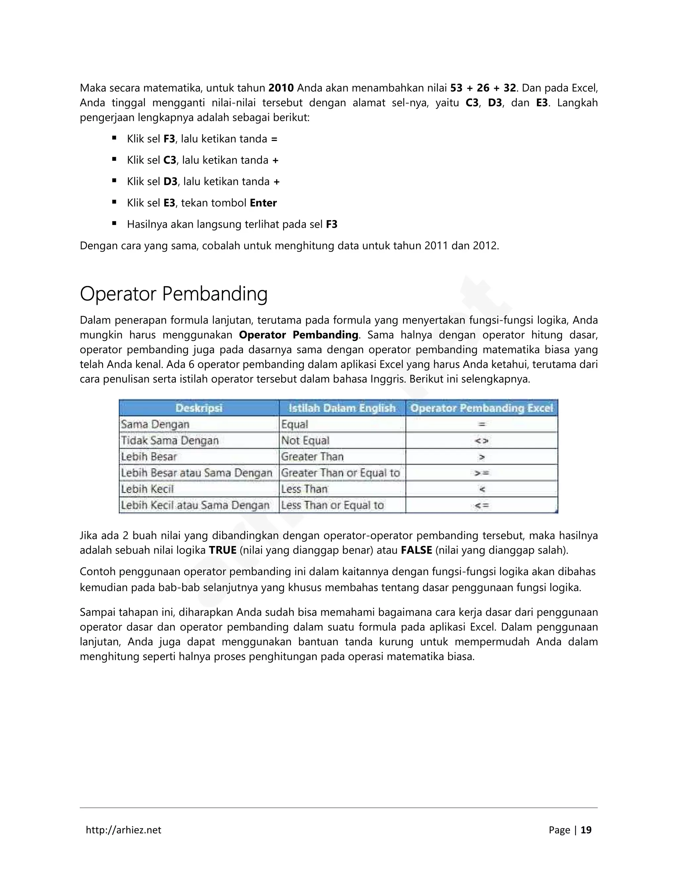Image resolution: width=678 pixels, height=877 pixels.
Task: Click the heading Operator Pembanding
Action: click(x=173, y=294)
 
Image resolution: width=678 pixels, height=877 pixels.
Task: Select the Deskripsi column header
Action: click(x=199, y=408)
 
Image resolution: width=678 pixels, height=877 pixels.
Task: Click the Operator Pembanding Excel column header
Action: click(x=482, y=408)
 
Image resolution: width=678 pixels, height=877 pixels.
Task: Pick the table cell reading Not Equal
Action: click(x=305, y=440)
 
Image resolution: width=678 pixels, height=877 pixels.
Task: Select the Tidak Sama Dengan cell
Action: click(x=170, y=440)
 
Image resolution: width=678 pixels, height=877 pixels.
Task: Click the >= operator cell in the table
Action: click(x=482, y=473)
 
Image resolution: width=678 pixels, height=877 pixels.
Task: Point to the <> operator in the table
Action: click(x=482, y=441)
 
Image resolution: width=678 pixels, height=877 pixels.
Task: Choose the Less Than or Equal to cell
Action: click(x=333, y=505)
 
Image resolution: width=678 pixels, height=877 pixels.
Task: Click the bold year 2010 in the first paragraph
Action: click(x=281, y=88)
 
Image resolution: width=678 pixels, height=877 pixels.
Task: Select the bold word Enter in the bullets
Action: click(x=263, y=203)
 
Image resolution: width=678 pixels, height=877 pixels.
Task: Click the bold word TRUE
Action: click(x=222, y=550)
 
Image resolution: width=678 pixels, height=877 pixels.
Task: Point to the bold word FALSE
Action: click(x=416, y=550)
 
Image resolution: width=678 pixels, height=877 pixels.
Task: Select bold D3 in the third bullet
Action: click(x=170, y=181)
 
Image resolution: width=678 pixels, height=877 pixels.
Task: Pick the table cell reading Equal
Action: click(x=295, y=425)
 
